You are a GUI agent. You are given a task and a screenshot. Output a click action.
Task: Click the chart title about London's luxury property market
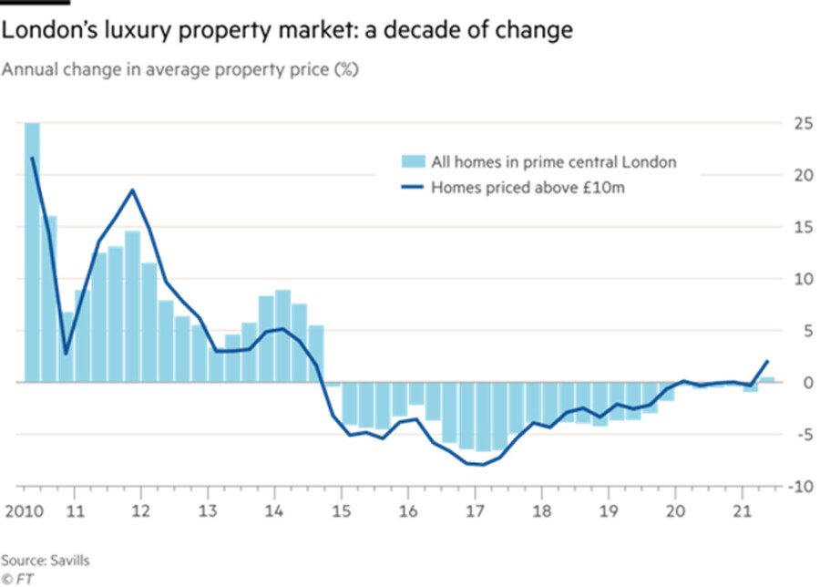287,30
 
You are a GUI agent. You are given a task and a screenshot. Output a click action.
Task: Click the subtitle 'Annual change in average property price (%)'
179,70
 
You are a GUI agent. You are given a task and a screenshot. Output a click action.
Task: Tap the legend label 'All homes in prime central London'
554,162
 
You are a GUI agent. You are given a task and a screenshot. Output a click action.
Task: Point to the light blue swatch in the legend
414,162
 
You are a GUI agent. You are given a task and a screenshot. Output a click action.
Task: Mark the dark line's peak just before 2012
133,190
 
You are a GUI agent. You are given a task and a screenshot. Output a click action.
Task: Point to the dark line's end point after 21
768,362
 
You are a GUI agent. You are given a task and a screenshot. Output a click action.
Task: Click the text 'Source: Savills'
46,560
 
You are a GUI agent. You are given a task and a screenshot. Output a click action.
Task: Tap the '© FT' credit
17,578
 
